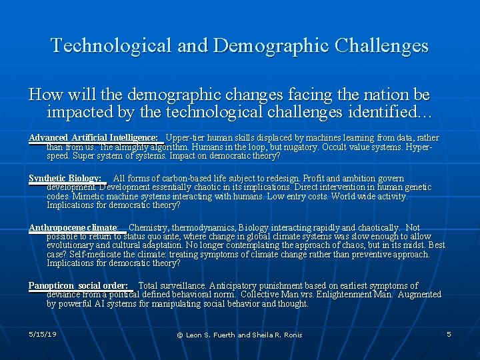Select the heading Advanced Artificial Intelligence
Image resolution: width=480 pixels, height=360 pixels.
(93, 138)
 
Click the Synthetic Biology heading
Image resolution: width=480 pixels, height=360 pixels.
(65, 179)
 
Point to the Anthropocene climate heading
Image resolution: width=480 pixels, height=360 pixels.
(73, 228)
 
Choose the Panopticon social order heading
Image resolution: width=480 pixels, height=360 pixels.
(78, 286)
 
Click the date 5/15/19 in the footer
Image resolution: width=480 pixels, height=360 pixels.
(43, 333)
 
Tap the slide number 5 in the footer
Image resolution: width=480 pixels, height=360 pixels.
(449, 333)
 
